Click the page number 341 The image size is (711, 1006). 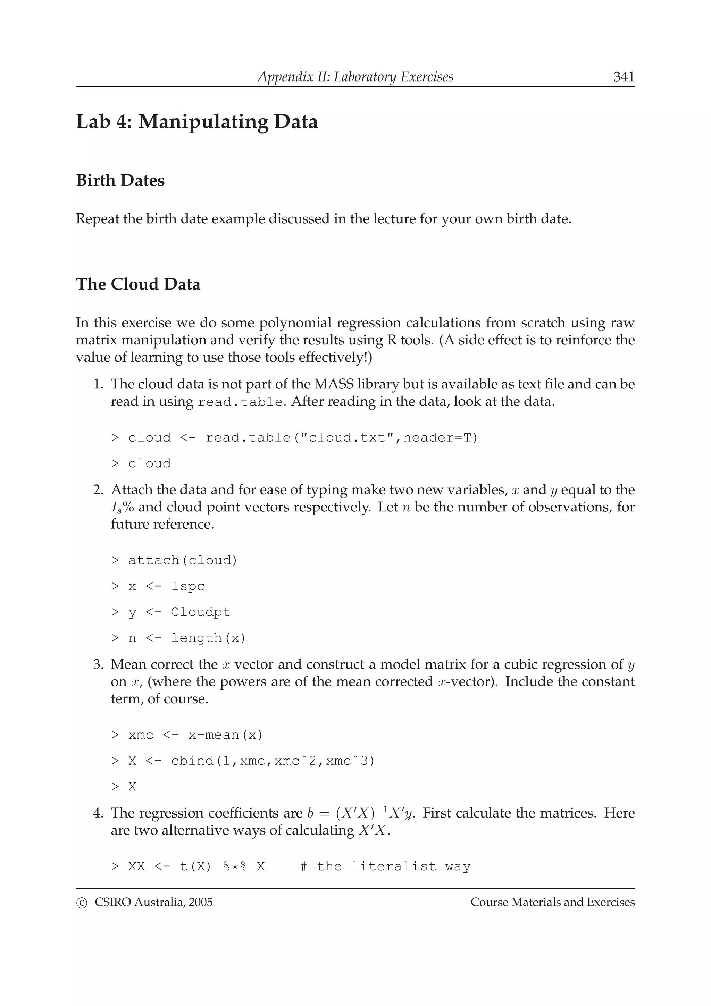pos(624,77)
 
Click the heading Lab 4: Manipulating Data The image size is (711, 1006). pos(197,121)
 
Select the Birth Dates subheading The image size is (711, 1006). pos(120,181)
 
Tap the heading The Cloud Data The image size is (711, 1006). pos(138,284)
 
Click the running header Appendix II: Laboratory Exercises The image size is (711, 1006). pos(355,77)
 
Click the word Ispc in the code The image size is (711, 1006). pos(187,586)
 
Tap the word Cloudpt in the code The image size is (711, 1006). pos(200,612)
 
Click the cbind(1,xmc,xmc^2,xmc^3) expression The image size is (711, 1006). pos(273,761)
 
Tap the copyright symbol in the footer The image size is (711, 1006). pos(82,903)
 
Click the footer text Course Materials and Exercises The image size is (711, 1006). pos(552,902)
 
